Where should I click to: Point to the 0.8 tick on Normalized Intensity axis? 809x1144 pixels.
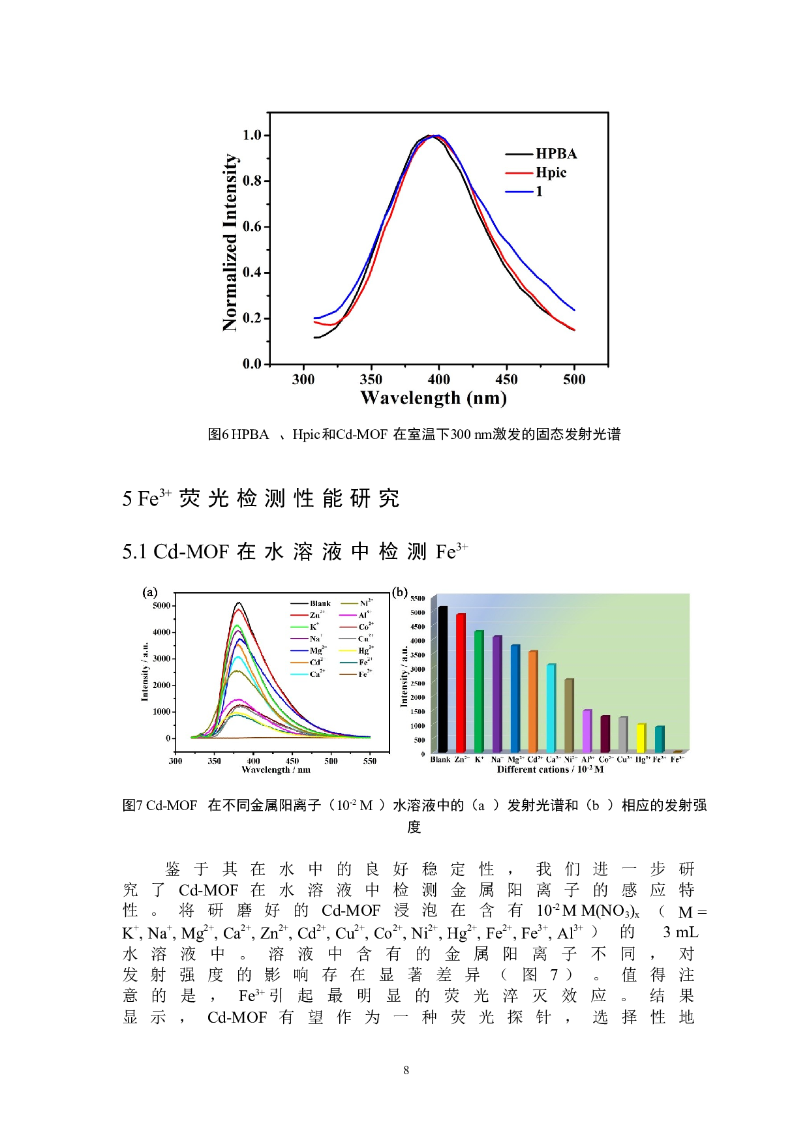coord(252,181)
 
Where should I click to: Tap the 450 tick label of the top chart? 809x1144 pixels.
coord(506,380)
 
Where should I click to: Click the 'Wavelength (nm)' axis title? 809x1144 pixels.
coord(433,398)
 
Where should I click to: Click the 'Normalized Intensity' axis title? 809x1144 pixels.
coord(230,243)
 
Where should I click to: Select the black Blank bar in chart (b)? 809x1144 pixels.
coord(443,679)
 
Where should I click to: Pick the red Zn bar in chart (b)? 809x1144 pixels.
coord(461,683)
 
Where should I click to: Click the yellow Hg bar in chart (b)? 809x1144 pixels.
coord(641,738)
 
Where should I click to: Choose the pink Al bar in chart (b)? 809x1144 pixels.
coord(587,730)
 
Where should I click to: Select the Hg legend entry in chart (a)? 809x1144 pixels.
coord(363,650)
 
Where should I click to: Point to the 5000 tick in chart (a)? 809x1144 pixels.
coord(161,605)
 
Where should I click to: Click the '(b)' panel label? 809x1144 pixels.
coord(399,592)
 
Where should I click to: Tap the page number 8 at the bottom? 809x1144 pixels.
coord(406,1070)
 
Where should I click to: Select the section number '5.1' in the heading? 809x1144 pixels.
coord(134,552)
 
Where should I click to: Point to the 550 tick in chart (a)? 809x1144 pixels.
coord(370,760)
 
